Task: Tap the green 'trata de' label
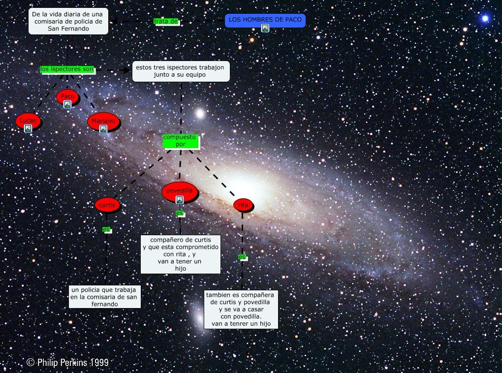click(x=166, y=22)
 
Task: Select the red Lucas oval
click(x=28, y=120)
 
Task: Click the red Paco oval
click(x=67, y=96)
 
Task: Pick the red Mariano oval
click(x=103, y=121)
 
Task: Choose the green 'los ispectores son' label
click(x=67, y=69)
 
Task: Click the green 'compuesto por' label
click(x=180, y=141)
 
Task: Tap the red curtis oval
click(x=107, y=205)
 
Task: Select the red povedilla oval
click(x=180, y=191)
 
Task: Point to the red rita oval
click(x=243, y=205)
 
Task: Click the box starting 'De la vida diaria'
click(x=68, y=21)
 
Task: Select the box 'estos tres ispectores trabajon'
click(x=180, y=71)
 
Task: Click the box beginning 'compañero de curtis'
click(x=180, y=254)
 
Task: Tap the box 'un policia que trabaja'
click(x=104, y=297)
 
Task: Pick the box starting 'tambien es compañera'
click(x=241, y=309)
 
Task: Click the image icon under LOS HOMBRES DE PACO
click(x=265, y=29)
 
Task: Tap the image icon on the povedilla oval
click(x=180, y=200)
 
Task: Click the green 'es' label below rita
click(x=242, y=257)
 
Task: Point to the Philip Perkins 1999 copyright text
click(x=67, y=363)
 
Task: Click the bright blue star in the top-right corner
click(x=485, y=19)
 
